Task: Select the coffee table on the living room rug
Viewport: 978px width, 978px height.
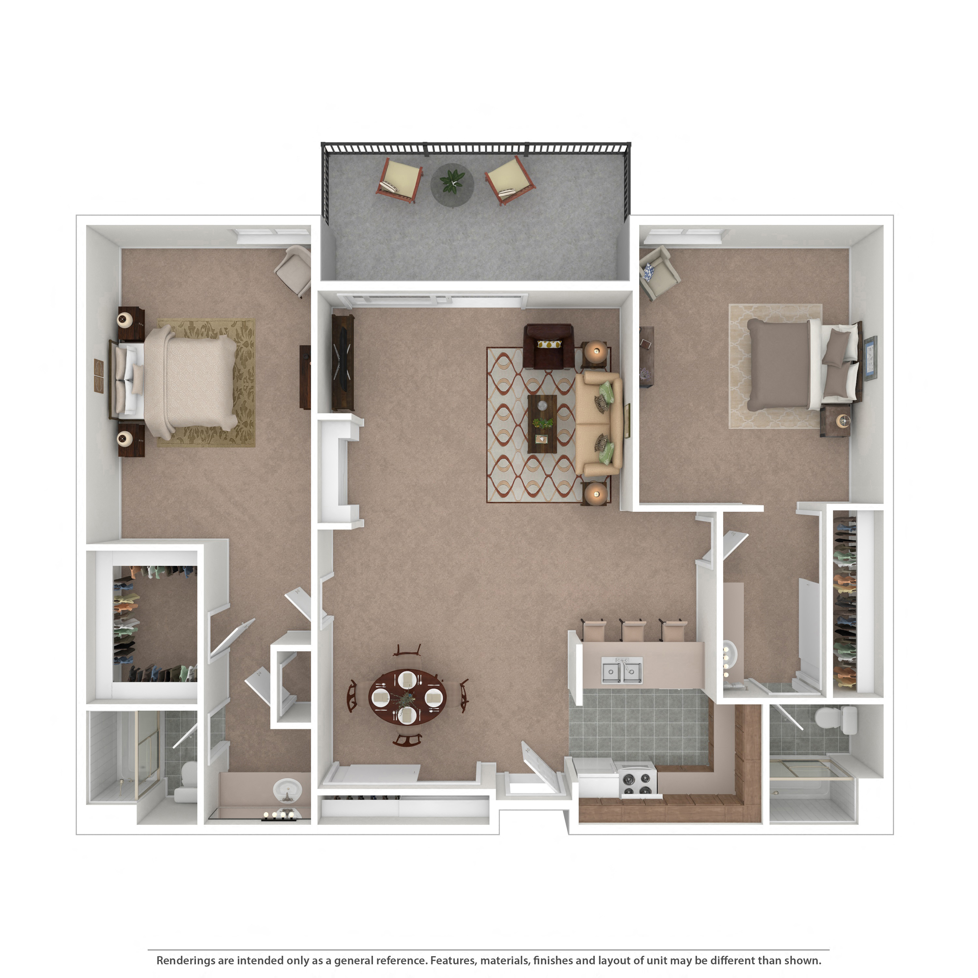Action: click(542, 424)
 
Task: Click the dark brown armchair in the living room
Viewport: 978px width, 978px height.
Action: click(549, 347)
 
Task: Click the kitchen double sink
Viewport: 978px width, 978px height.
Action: click(622, 671)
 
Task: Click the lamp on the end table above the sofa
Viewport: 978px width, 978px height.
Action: click(595, 350)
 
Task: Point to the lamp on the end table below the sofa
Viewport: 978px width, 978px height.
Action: click(595, 493)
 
